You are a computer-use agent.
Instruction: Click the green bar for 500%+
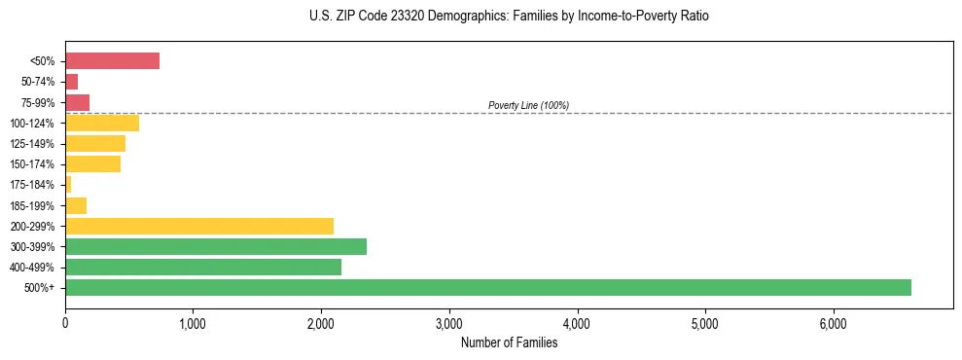pos(487,287)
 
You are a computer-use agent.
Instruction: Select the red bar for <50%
pos(112,60)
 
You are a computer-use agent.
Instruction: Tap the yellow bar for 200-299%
pos(198,226)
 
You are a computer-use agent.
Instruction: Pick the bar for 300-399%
pos(215,246)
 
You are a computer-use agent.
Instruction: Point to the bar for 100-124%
pos(102,123)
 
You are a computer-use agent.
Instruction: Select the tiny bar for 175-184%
pos(68,184)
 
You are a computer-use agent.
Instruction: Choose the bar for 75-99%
pos(77,102)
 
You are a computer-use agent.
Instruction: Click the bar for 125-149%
pos(95,143)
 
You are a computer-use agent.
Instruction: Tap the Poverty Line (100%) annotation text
pos(528,105)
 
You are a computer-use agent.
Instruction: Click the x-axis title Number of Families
pos(509,342)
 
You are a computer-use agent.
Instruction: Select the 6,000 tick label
pos(834,324)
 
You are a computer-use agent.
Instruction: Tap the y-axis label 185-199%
pos(34,205)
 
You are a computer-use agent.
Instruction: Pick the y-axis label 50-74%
pos(38,82)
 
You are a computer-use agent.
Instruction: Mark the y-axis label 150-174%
pos(34,164)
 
